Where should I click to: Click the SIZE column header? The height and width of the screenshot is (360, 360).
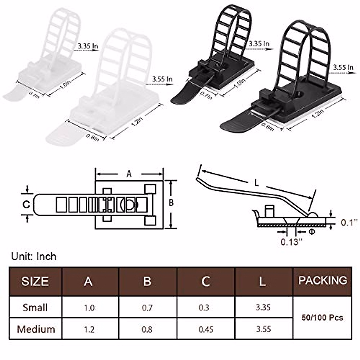click(35, 281)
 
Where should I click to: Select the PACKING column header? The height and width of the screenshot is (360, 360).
click(322, 280)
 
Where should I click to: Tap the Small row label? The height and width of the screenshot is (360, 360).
click(35, 307)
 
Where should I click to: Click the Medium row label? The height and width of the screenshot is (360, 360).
click(36, 329)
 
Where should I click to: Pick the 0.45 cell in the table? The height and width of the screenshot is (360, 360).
click(206, 329)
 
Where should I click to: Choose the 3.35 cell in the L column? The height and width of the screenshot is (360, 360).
click(263, 307)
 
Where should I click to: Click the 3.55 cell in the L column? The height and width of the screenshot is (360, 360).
click(263, 329)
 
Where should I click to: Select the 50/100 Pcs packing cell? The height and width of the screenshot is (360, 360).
click(322, 317)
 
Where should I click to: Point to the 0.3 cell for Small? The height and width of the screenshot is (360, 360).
click(204, 307)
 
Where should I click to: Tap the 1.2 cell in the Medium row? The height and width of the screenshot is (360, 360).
click(89, 329)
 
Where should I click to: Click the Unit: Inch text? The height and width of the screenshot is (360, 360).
click(34, 256)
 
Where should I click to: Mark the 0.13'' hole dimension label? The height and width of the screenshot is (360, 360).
click(290, 241)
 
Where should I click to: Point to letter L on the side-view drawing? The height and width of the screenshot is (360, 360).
click(256, 183)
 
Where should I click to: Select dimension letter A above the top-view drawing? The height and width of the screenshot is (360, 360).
click(129, 174)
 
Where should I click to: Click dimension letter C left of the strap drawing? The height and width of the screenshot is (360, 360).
click(26, 204)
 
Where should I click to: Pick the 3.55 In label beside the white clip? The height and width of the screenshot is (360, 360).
click(162, 79)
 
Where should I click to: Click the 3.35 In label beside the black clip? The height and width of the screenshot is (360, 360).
click(259, 44)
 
